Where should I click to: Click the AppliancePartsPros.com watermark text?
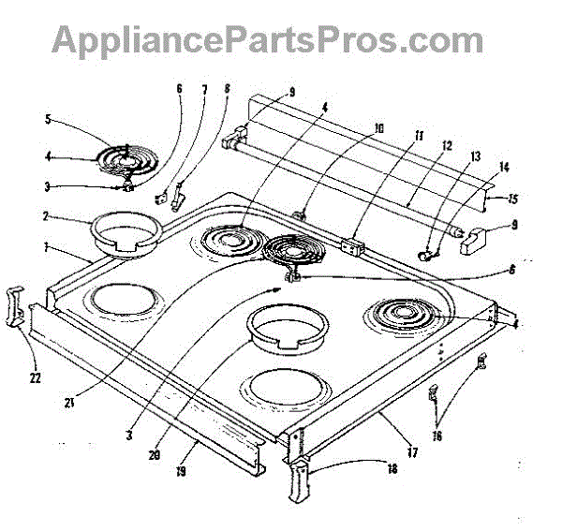[267, 39]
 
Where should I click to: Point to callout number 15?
[512, 199]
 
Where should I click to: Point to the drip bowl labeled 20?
[288, 332]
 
